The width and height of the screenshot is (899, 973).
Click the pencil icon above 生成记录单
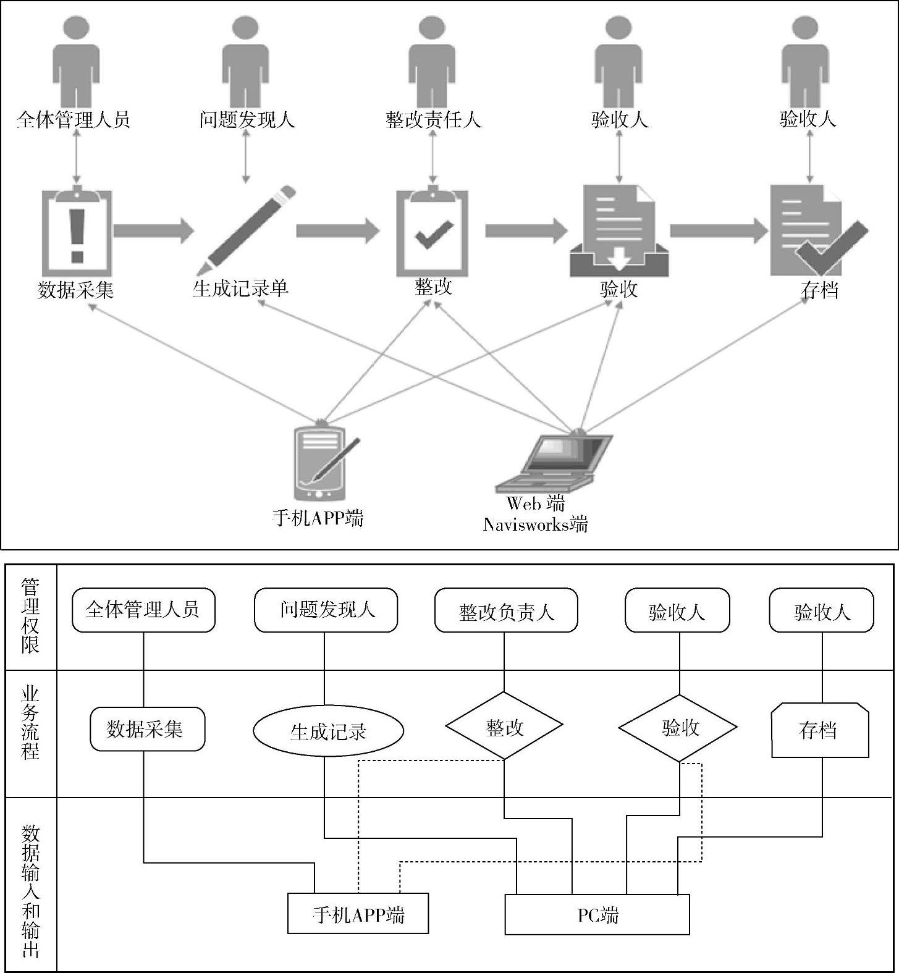[246, 229]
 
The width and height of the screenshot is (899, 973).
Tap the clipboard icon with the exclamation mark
[77, 231]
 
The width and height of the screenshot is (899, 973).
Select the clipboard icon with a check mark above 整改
[432, 231]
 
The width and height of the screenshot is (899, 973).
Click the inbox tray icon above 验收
[618, 231]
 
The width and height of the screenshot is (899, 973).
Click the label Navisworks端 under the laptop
[535, 524]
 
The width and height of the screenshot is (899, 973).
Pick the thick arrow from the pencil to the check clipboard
[337, 231]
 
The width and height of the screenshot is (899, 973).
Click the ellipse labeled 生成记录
[328, 731]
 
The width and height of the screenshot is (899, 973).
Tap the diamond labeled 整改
[504, 726]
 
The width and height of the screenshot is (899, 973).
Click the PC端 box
[597, 914]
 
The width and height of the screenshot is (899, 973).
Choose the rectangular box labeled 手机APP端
[358, 913]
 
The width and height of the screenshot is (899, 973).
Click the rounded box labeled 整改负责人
[506, 610]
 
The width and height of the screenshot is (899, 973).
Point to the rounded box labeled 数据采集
[147, 729]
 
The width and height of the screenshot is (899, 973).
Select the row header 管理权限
[30, 617]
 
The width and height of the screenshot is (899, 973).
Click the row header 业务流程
[30, 722]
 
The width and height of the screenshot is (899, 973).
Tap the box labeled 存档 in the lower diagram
[820, 730]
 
